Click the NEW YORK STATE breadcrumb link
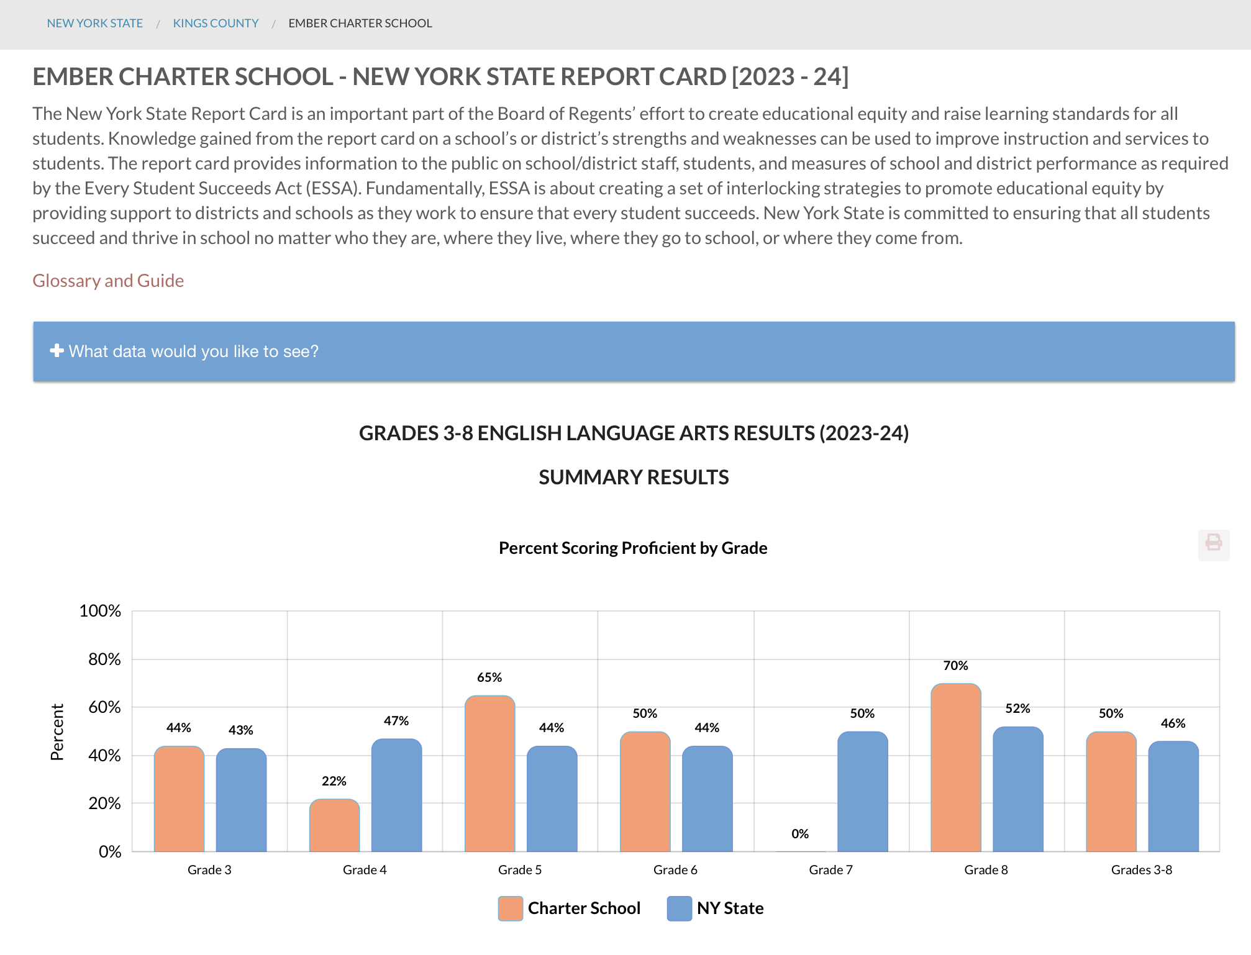coord(94,24)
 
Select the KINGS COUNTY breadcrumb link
coord(216,24)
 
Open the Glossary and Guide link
coord(108,281)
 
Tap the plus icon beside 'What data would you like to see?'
coord(57,351)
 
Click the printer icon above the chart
coord(1213,545)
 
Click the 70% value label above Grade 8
coord(955,666)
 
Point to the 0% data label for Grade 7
coord(800,834)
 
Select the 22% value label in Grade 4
coord(334,781)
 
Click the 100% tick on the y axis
coord(100,611)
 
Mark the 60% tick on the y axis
coord(104,707)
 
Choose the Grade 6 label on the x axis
coord(675,870)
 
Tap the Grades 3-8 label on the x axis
coord(1141,870)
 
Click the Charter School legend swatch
coord(511,908)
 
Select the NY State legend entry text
coord(730,908)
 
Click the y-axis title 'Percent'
coord(57,731)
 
